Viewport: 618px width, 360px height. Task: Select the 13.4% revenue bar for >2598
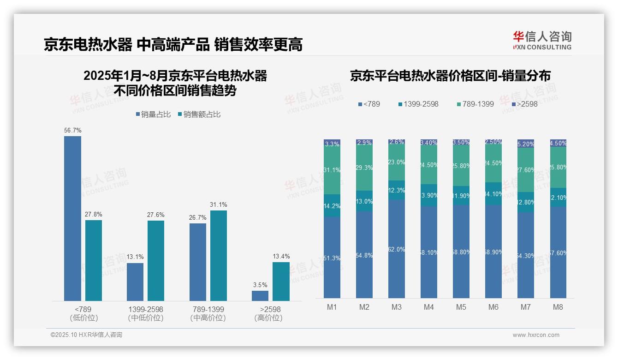281,282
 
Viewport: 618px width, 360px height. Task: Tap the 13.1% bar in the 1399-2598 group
135,282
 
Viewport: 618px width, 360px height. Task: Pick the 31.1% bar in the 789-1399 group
219,256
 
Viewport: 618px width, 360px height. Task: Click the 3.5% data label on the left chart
260,285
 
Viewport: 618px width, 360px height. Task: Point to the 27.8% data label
93,214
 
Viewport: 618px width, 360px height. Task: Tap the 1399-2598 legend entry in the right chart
417,104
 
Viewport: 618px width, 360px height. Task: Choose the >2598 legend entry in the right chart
524,104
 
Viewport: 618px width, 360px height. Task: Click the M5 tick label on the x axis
461,307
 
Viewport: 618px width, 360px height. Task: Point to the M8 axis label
558,307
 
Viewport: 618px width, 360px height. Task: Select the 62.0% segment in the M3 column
397,249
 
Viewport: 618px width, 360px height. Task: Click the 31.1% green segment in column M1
332,170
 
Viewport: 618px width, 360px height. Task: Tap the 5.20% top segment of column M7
525,144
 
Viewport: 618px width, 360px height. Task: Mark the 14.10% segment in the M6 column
493,194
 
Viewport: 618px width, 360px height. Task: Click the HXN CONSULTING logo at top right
542,41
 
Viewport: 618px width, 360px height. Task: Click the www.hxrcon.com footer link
535,335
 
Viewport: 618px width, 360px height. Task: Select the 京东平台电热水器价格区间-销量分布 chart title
450,76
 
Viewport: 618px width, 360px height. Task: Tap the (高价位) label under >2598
268,318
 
